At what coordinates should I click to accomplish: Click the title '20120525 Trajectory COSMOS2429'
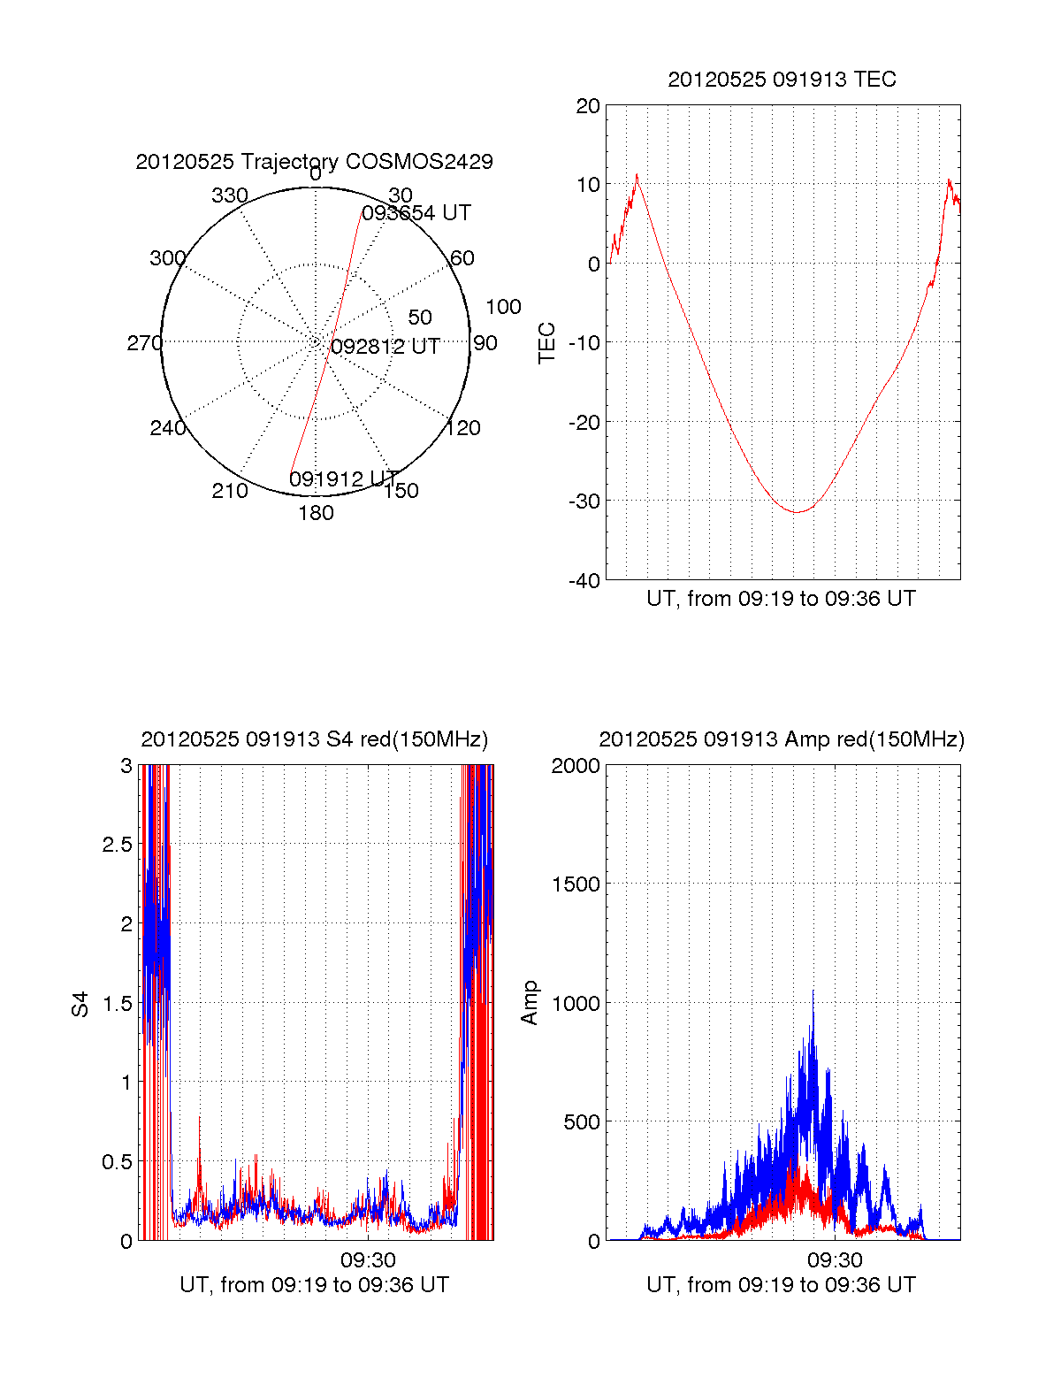(314, 162)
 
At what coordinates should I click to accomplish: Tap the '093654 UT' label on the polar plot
(416, 213)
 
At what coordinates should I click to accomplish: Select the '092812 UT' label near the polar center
(385, 347)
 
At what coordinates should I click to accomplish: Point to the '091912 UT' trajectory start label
(343, 479)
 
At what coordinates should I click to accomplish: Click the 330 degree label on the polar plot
(229, 195)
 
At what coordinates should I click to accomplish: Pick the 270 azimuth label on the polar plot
(144, 343)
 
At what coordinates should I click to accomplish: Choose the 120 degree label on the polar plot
(463, 428)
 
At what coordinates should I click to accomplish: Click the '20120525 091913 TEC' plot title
(782, 80)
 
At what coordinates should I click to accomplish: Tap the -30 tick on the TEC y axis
(584, 501)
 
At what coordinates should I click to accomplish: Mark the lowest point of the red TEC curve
(797, 512)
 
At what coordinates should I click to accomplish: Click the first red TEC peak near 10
(637, 175)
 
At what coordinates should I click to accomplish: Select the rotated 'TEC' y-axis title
(547, 343)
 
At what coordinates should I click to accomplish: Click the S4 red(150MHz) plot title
(314, 739)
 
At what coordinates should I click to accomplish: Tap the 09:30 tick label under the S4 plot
(368, 1259)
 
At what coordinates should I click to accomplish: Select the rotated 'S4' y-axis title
(80, 1004)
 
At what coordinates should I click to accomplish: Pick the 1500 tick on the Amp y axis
(576, 884)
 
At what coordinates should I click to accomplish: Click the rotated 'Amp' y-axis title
(530, 1003)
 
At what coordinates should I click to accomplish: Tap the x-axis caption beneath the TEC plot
(781, 599)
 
